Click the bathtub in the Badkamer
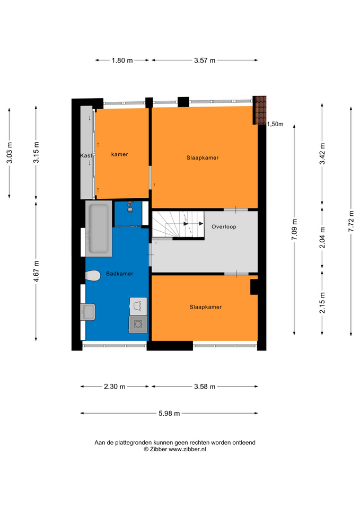coord(99,229)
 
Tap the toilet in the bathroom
coord(93,276)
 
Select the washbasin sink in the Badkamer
coord(88,312)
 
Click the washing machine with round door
coord(138,324)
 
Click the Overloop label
coord(224,226)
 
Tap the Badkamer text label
coord(119,274)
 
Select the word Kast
coord(86,155)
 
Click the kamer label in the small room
coord(119,154)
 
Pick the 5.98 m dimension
coord(169,413)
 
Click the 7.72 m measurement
coord(351,221)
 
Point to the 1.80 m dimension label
coord(122,60)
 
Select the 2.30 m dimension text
coord(115,387)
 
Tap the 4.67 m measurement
coord(37,271)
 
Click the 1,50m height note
coord(275,124)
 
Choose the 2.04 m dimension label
coord(322,238)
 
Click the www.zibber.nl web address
coord(187,449)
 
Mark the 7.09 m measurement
coord(294,230)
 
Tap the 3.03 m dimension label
coord(10,153)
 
